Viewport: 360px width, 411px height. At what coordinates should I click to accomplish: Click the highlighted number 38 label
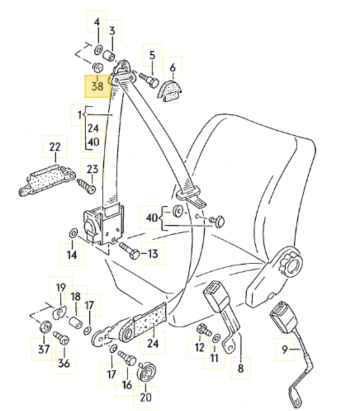click(97, 86)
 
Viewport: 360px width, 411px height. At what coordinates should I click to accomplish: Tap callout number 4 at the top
click(97, 22)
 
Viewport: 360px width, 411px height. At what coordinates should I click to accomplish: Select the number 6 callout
click(172, 67)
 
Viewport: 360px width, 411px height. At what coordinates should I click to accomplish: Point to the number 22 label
click(55, 147)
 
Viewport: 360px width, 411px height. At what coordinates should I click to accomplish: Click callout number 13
click(153, 253)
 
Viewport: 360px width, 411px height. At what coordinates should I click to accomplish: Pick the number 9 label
click(284, 349)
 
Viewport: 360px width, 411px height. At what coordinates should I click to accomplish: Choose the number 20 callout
click(146, 397)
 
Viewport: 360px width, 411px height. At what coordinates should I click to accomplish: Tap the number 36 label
click(64, 363)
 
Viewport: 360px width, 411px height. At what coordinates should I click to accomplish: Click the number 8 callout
click(240, 368)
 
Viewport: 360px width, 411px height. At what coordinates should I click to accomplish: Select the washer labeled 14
click(72, 233)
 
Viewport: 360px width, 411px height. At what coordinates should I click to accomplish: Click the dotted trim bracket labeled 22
click(46, 180)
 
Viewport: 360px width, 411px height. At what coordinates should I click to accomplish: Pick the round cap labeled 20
click(146, 372)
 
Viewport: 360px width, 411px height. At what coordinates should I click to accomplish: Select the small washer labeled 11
click(216, 338)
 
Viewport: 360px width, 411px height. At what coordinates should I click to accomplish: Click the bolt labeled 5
click(149, 79)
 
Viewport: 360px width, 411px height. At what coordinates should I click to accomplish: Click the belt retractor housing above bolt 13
click(104, 224)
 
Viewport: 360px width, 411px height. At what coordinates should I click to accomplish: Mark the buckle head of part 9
click(284, 316)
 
